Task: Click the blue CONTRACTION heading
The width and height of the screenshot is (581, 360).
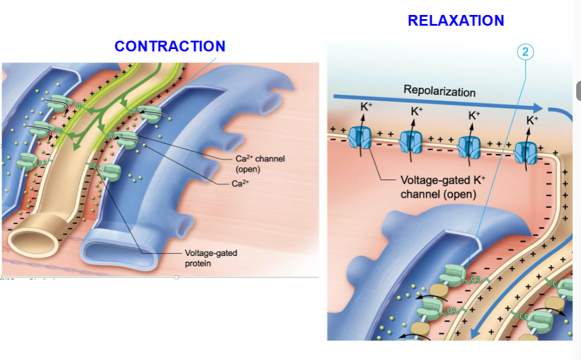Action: (170, 46)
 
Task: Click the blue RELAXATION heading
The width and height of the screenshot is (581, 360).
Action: (455, 20)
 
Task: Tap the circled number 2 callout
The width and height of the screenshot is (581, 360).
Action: (525, 51)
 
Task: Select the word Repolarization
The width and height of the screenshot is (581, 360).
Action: (439, 91)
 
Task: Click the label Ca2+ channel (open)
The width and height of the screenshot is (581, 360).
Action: (258, 163)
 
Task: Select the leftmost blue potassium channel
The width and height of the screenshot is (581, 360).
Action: (360, 138)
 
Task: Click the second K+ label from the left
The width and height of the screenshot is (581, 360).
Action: (417, 111)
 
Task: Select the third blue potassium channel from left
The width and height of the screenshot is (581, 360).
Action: (469, 147)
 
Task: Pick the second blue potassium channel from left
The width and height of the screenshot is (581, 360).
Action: (411, 142)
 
